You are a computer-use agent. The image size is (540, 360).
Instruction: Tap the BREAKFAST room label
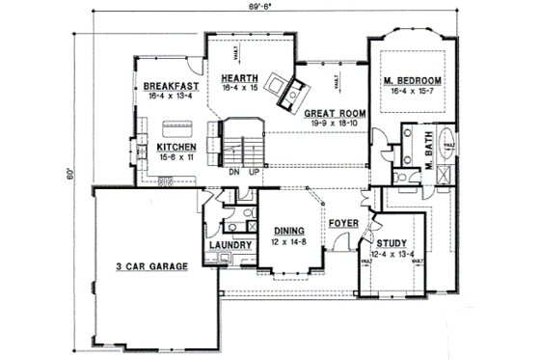click(162, 86)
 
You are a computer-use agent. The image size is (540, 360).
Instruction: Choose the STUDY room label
click(391, 244)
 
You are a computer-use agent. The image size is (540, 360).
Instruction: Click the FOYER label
click(343, 223)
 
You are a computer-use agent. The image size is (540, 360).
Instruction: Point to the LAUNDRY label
click(230, 245)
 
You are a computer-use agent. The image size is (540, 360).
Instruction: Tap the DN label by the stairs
click(233, 171)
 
